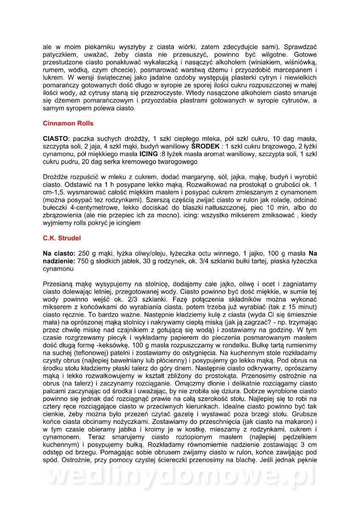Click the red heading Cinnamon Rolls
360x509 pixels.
68,123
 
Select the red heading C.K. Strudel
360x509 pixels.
62,238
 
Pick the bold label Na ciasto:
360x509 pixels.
59,253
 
